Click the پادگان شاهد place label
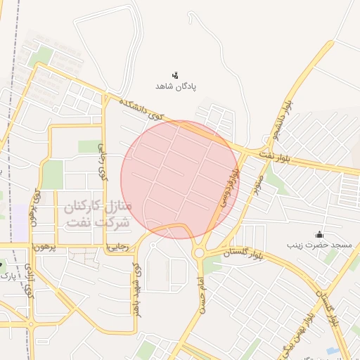coord(176,86)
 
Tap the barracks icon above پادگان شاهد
coord(176,75)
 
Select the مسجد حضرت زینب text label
coord(319,245)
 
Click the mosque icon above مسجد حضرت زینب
coord(319,234)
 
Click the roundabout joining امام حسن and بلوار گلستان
coord(200,252)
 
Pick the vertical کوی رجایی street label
coord(103,162)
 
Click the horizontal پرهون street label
coord(43,247)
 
